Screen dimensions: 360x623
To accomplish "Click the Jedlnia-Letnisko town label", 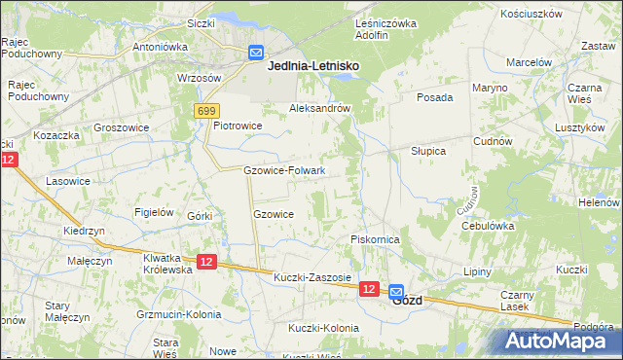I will point(312,65).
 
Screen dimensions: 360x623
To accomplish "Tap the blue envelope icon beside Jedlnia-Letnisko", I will point(256,54).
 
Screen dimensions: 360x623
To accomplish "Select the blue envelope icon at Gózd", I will point(397,291).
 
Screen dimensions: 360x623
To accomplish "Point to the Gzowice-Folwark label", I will point(284,170).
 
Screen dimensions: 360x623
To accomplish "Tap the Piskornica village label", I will point(376,238).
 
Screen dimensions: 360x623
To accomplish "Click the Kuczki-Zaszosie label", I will point(311,277).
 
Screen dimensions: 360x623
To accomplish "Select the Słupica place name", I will point(427,152).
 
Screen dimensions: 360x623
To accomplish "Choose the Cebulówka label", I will point(488,225).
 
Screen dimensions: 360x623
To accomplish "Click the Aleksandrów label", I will point(319,109).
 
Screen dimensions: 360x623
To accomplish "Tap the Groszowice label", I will point(120,126).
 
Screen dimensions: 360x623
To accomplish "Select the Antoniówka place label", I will point(160,46).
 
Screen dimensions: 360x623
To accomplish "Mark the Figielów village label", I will point(155,212).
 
